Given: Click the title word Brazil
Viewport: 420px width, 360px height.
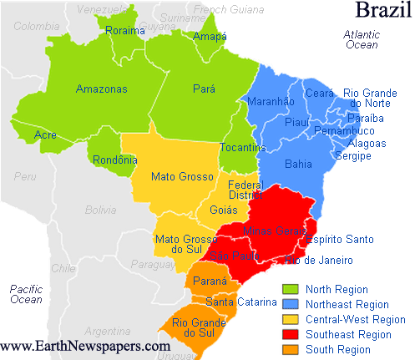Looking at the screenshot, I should click(x=382, y=11).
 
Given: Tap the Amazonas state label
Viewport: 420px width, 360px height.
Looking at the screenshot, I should click(x=101, y=89).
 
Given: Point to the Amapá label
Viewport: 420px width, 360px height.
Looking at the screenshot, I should click(x=209, y=37).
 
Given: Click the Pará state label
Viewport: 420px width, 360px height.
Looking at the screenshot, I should click(x=204, y=89).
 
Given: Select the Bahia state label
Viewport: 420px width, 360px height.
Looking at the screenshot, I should click(x=299, y=164).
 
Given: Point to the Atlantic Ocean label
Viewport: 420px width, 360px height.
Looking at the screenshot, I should click(x=362, y=39).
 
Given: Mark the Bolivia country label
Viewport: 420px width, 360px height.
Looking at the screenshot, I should click(x=99, y=210).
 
